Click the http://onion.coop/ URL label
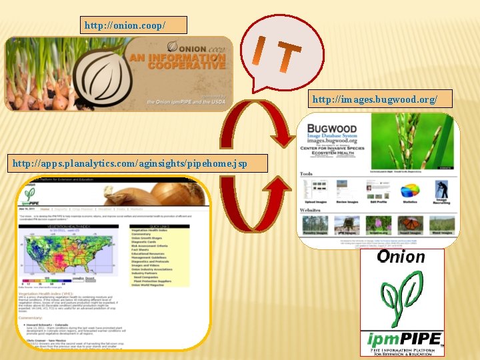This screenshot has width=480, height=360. click(133, 25)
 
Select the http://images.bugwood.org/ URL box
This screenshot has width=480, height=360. click(375, 99)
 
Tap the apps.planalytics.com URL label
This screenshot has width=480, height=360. click(138, 163)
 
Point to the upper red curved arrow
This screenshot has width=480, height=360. click(257, 127)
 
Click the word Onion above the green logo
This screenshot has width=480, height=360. click(400, 257)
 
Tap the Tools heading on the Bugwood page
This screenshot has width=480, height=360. click(306, 174)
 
